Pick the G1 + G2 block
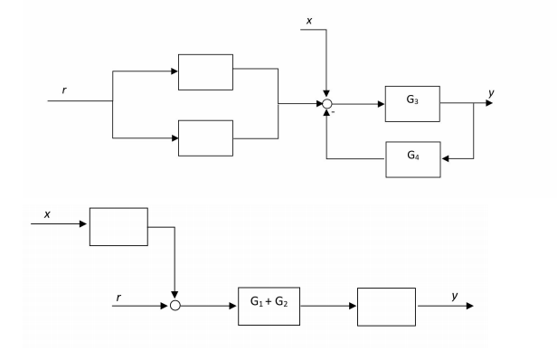point(268,306)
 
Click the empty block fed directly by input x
point(118,226)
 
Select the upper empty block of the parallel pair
point(206,71)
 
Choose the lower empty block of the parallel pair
point(206,137)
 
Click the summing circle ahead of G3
point(326,104)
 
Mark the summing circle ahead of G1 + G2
point(175,306)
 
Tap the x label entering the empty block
point(46,214)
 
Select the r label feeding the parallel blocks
point(64,90)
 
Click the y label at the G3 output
point(489,92)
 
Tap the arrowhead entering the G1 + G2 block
point(232,306)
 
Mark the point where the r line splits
point(113,100)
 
